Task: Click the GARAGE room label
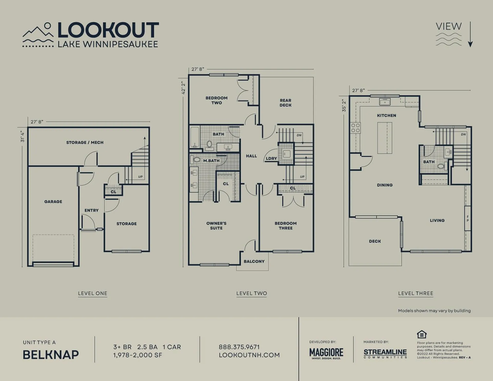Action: click(53, 202)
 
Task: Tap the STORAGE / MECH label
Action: click(85, 142)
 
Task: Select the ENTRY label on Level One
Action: click(91, 210)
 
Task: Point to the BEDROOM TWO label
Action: click(216, 100)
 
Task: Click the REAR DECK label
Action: click(286, 103)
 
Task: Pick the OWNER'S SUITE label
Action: click(216, 226)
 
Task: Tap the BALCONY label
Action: click(254, 261)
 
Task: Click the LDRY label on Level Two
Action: click(271, 159)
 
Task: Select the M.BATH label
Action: click(211, 161)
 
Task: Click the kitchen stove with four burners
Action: click(356, 128)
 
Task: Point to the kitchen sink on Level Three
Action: click(385, 102)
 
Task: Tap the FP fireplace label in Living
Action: click(468, 219)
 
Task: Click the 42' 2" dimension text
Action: click(183, 88)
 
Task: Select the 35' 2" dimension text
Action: click(344, 106)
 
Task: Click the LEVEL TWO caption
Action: click(252, 293)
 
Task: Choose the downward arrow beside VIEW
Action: click(470, 34)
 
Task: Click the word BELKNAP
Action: click(51, 355)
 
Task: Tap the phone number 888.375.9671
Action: click(239, 347)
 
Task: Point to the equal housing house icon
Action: click(422, 334)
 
